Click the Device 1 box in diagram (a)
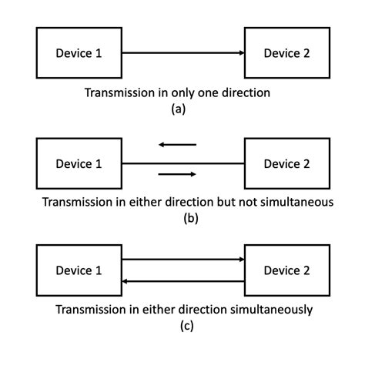[79, 52]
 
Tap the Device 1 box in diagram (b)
[79, 163]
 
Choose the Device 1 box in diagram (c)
[79, 270]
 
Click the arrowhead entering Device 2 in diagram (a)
[240, 52]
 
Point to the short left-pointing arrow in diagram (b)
[177, 144]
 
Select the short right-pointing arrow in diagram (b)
[177, 174]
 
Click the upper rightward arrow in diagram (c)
[183, 260]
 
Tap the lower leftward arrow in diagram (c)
[183, 281]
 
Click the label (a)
[179, 109]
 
